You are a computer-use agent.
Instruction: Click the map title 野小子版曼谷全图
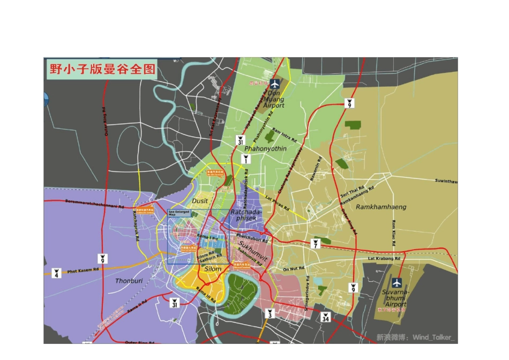point(101,69)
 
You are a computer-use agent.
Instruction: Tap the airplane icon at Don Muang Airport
point(275,84)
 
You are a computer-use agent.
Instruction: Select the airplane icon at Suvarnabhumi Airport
point(396,282)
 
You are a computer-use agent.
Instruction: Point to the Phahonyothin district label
point(265,148)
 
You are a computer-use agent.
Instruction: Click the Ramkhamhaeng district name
point(381,207)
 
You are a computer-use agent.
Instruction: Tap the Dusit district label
point(200,200)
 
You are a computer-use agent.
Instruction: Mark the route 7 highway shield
point(316,244)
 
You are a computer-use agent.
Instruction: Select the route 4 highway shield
point(56,273)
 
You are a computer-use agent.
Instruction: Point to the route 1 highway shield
point(245,159)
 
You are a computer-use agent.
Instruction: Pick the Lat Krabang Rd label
point(384,259)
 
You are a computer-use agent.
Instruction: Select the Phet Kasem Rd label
point(84,271)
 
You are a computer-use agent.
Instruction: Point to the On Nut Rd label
point(294,268)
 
